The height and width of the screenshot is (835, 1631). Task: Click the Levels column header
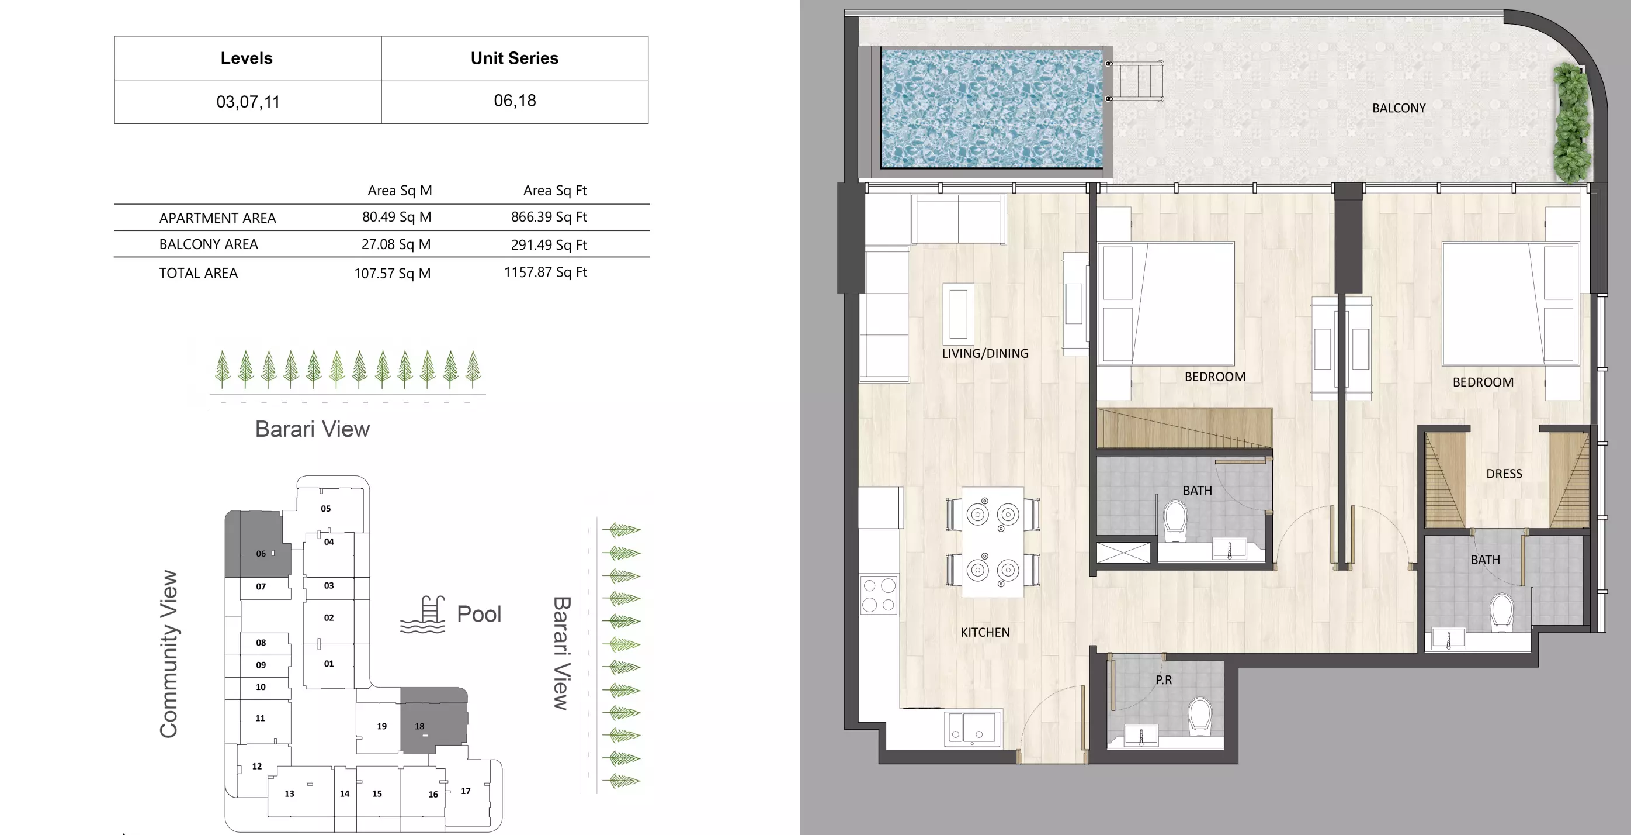tap(247, 58)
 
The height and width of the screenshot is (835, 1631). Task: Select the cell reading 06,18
tap(515, 101)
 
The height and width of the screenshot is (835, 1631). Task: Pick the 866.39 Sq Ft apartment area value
tap(549, 217)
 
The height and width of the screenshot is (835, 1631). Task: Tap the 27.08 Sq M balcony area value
tap(395, 244)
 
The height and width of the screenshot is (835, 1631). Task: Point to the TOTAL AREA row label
tap(198, 273)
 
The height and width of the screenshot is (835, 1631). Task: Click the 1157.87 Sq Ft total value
tap(545, 272)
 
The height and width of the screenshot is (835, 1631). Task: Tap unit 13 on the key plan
tap(289, 793)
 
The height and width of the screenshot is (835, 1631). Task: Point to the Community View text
tap(168, 653)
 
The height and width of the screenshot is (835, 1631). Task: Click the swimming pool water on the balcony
tap(991, 109)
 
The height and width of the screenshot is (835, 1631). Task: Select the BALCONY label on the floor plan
tap(1398, 108)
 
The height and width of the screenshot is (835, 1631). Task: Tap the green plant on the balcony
tap(1572, 123)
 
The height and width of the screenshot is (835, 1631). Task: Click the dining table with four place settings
tap(992, 542)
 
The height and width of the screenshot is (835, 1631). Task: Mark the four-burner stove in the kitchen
tap(879, 595)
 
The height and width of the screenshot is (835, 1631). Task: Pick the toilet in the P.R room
tap(1200, 716)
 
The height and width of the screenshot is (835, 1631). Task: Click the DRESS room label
tap(1504, 474)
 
